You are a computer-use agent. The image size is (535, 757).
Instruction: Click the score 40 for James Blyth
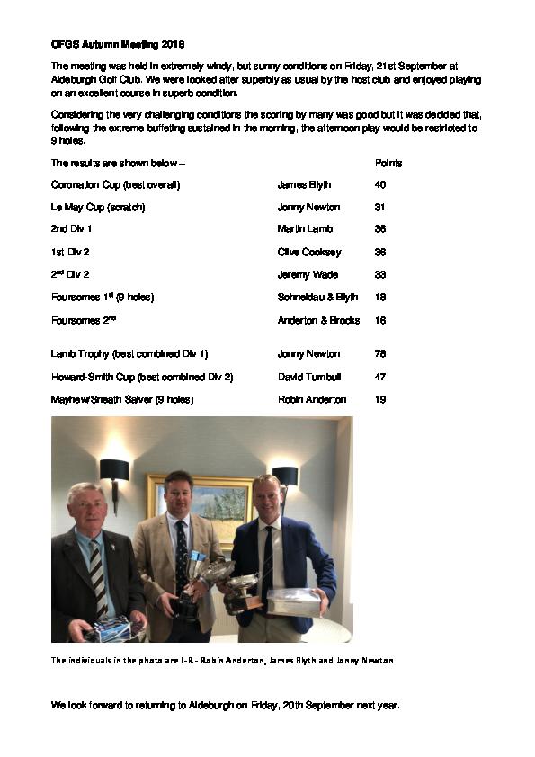(x=379, y=185)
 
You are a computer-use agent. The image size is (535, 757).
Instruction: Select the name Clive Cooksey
(x=309, y=253)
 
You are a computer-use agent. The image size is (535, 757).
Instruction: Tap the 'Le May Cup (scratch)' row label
(x=98, y=208)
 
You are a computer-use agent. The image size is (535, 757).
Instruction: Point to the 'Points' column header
(x=388, y=164)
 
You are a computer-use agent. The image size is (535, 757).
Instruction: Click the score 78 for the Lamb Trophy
(x=379, y=354)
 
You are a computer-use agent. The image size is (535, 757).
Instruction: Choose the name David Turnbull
(x=309, y=377)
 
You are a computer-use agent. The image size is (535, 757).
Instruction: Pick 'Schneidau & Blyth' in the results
(x=318, y=298)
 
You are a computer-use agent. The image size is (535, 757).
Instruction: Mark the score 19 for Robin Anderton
(x=379, y=399)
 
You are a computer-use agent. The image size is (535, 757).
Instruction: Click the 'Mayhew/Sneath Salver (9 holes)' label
(x=122, y=399)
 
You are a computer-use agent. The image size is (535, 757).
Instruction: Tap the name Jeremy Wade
(x=308, y=275)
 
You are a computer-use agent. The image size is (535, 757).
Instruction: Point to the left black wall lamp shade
(x=114, y=470)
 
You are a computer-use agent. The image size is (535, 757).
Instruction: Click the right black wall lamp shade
(x=285, y=476)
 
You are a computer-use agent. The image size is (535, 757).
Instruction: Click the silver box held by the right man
(x=293, y=602)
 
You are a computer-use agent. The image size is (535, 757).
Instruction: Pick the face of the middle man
(x=179, y=494)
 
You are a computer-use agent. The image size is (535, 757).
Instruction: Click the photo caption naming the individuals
(x=221, y=661)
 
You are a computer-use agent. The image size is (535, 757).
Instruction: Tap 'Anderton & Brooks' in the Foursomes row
(x=318, y=320)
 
